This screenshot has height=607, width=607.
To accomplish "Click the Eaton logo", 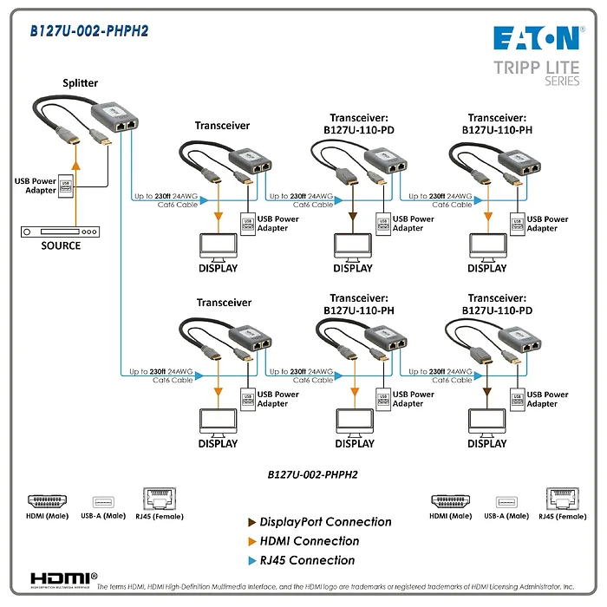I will click(x=536, y=37).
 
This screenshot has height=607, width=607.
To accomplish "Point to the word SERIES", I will click(x=562, y=81).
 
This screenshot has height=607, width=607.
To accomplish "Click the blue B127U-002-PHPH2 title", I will click(x=89, y=31).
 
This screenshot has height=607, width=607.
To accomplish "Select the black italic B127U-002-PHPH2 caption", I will click(x=313, y=474).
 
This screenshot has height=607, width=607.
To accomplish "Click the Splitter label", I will click(x=80, y=83).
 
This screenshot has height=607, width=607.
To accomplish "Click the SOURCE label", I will click(x=61, y=245).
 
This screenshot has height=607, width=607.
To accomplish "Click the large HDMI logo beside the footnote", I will click(x=63, y=578).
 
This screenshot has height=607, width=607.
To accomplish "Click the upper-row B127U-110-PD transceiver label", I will click(x=362, y=124).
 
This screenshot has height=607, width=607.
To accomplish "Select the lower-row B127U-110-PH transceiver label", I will click(x=362, y=303).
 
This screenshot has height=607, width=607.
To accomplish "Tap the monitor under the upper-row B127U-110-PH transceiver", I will click(x=486, y=246).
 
